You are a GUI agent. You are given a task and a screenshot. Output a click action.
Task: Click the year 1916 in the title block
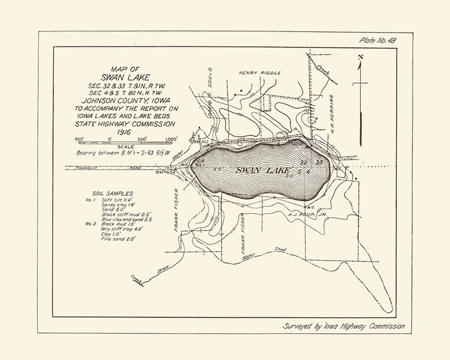pos(124,132)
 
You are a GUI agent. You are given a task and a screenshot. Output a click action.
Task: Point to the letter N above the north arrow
pos(361,57)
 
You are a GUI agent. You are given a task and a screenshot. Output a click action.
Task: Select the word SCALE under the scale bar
pos(125,147)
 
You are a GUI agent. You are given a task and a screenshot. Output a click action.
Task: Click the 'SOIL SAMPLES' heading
pos(112,193)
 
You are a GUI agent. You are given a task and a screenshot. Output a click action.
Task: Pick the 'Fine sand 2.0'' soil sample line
pos(118,240)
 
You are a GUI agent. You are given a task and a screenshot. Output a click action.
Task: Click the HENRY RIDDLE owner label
pos(260,72)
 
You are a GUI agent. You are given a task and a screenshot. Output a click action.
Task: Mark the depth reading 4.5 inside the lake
pos(217,170)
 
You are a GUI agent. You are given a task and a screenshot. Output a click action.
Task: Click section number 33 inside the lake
pos(320,162)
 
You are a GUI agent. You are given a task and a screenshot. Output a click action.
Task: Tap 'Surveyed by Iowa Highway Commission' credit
pos(343,326)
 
